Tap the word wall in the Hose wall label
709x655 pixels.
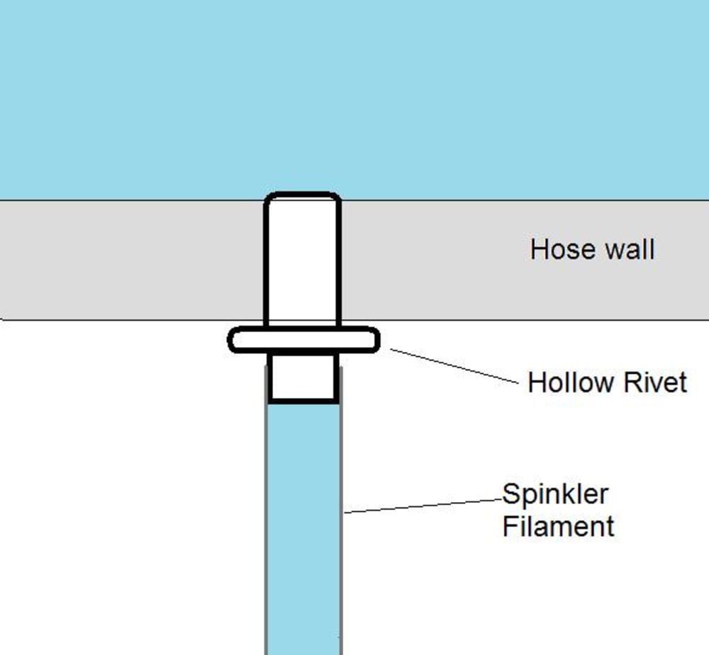point(624,250)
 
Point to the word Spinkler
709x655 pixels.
point(556,494)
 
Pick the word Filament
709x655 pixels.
point(558,527)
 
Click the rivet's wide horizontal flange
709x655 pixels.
point(303,340)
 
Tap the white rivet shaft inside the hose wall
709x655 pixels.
point(303,262)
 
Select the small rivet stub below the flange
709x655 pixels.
point(303,377)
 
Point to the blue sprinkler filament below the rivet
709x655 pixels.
point(303,531)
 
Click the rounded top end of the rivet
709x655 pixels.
point(303,196)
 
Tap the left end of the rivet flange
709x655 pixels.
point(232,340)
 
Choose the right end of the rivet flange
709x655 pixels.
point(375,340)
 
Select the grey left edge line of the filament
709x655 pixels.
point(266,531)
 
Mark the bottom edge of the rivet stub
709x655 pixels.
point(303,401)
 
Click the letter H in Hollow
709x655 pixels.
point(536,383)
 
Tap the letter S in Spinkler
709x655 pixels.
point(510,494)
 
